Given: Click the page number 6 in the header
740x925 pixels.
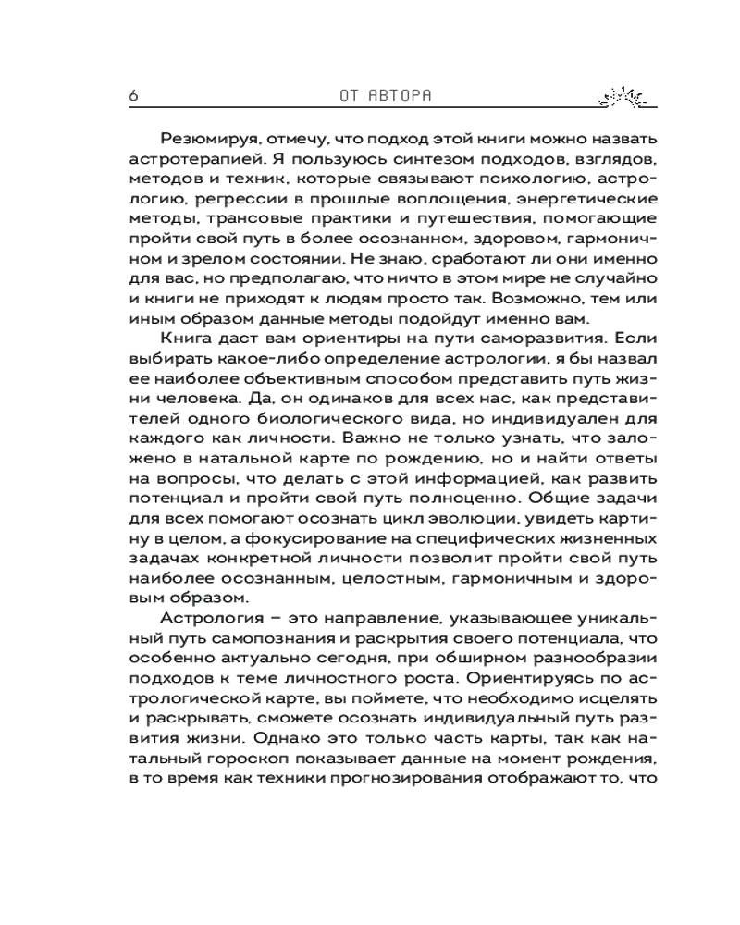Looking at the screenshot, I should tap(134, 95).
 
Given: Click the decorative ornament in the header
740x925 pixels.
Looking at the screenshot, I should tap(619, 94).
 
